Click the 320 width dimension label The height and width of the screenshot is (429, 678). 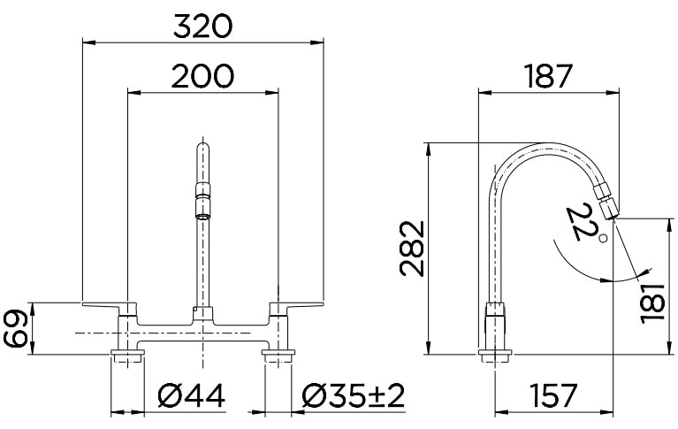click(x=202, y=26)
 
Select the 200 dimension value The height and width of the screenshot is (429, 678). click(x=202, y=77)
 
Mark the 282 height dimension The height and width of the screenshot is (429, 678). click(x=413, y=249)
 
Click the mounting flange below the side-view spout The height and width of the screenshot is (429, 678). click(x=496, y=356)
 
